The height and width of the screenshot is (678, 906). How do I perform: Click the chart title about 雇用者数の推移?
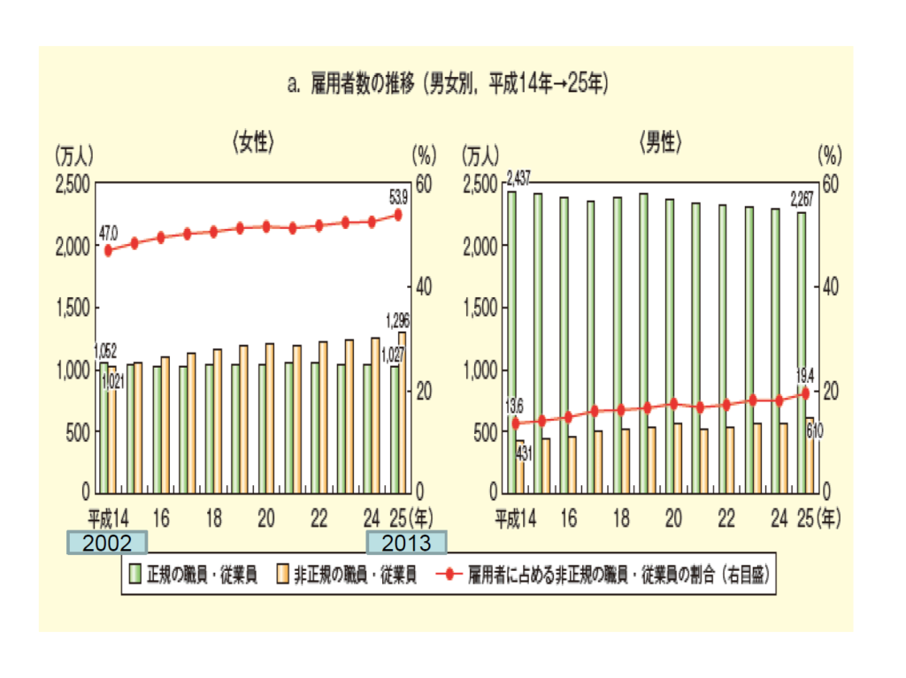pyautogui.click(x=447, y=85)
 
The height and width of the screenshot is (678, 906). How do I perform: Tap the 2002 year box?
pyautogui.click(x=107, y=542)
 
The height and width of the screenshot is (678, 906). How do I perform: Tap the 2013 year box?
pyautogui.click(x=406, y=542)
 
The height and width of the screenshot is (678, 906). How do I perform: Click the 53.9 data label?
pyautogui.click(x=398, y=195)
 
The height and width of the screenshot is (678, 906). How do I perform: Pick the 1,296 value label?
pyautogui.click(x=395, y=320)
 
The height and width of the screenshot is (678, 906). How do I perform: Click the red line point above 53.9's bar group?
pyautogui.click(x=398, y=214)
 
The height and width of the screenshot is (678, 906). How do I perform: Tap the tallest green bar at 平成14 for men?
pyautogui.click(x=511, y=340)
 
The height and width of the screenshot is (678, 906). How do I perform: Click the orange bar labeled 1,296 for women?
pyautogui.click(x=403, y=411)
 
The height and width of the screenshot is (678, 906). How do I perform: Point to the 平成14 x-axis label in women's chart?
pyautogui.click(x=109, y=517)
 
